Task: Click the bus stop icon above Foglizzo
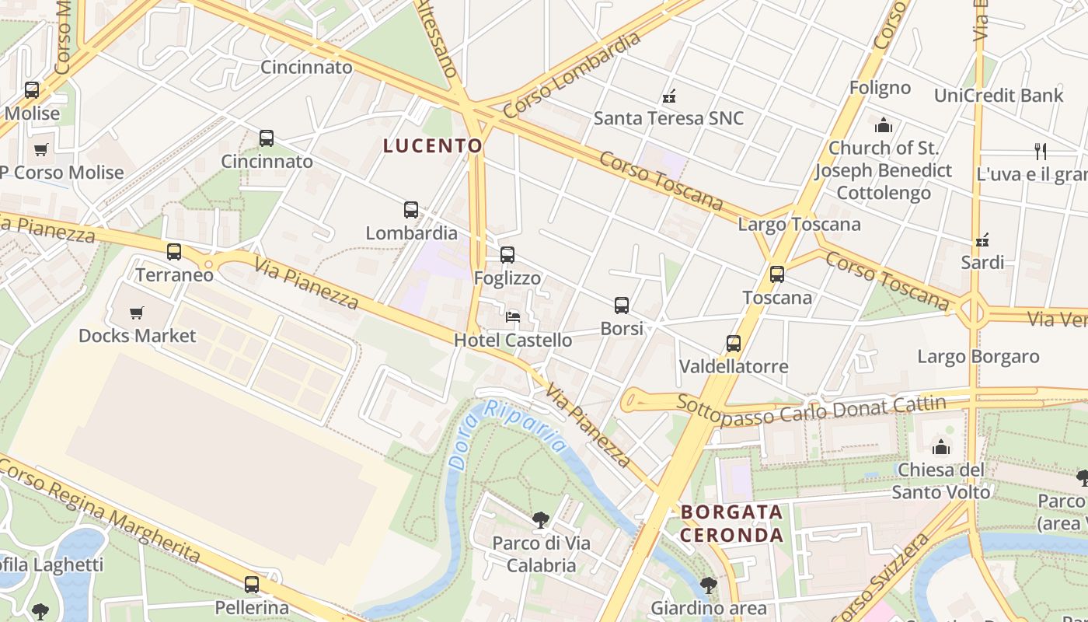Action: pyautogui.click(x=507, y=255)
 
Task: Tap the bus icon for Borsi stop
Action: pyautogui.click(x=622, y=306)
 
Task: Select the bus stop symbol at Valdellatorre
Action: pyautogui.click(x=734, y=344)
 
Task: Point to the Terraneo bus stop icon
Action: pyautogui.click(x=174, y=252)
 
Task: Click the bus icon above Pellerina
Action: pyautogui.click(x=252, y=585)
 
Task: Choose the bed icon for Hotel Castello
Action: pyautogui.click(x=513, y=316)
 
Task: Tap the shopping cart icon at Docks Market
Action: pyautogui.click(x=137, y=313)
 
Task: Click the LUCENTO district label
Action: pyautogui.click(x=433, y=145)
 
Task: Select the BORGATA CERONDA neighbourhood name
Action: pyautogui.click(x=731, y=523)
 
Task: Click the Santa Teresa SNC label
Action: pyautogui.click(x=668, y=118)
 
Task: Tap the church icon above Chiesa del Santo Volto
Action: pyautogui.click(x=941, y=447)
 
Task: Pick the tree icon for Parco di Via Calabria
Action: pyautogui.click(x=540, y=519)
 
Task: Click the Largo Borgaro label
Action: pyautogui.click(x=978, y=357)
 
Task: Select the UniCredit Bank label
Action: pyautogui.click(x=999, y=96)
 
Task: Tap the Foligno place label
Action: pyautogui.click(x=880, y=88)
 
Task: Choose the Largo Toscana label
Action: pyautogui.click(x=799, y=225)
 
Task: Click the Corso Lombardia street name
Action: pyautogui.click(x=571, y=75)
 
